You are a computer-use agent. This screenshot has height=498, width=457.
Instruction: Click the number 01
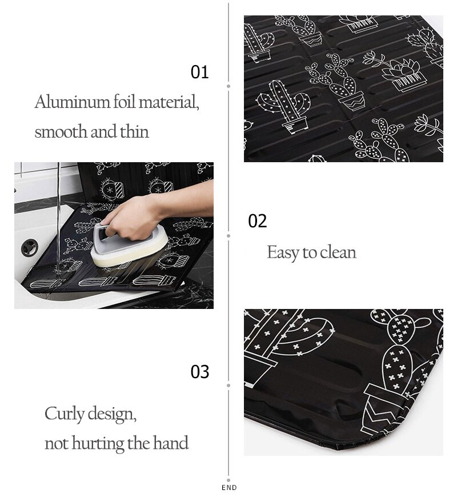tap(200, 73)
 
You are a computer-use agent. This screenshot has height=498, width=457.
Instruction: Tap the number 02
tap(258, 222)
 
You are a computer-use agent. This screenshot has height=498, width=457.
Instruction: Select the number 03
tap(200, 372)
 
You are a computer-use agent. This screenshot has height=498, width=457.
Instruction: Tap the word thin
tap(134, 132)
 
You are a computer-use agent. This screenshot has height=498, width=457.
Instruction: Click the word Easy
tap(284, 252)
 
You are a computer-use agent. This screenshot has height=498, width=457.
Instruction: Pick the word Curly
tap(65, 413)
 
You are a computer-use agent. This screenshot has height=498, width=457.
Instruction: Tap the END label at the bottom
tap(228, 488)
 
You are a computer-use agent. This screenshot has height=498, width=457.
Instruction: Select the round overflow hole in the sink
tap(29, 247)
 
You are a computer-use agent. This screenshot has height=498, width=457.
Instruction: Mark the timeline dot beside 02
tap(228, 235)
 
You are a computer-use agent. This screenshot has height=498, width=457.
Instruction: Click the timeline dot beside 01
tap(228, 86)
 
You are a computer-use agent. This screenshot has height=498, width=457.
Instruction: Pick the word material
tap(169, 103)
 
